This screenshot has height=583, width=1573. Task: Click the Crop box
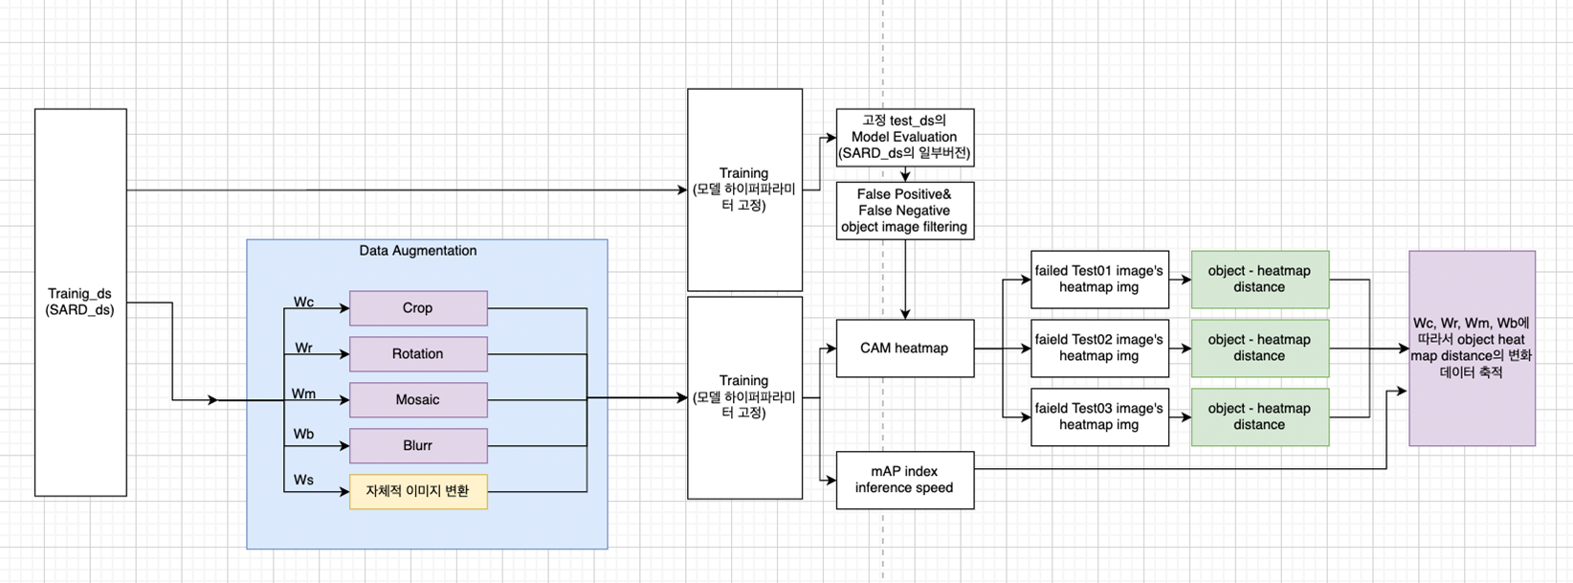click(418, 308)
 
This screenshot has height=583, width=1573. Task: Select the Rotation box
click(418, 354)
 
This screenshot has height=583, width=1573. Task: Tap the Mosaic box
click(418, 400)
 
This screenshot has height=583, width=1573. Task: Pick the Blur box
click(418, 446)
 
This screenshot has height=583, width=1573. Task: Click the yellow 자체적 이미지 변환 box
click(418, 491)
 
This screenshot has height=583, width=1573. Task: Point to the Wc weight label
click(303, 303)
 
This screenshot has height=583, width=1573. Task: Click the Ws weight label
click(303, 480)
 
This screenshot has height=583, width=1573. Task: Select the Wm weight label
click(303, 393)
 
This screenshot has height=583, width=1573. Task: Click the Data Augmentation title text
click(418, 251)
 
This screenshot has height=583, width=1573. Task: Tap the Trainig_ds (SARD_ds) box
click(80, 303)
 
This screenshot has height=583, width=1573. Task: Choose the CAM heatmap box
click(904, 348)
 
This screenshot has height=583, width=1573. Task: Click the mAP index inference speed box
click(904, 480)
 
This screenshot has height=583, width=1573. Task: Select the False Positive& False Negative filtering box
click(904, 211)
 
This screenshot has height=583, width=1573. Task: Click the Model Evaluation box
click(904, 137)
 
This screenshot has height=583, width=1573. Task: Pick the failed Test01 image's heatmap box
click(1099, 280)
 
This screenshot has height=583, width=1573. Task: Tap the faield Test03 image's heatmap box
click(1099, 416)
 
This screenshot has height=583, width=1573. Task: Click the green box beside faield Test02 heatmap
click(1259, 348)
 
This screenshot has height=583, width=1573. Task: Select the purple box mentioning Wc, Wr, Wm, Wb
click(1472, 348)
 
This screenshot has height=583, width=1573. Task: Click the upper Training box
click(744, 190)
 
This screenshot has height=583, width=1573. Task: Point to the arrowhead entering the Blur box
click(344, 446)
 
